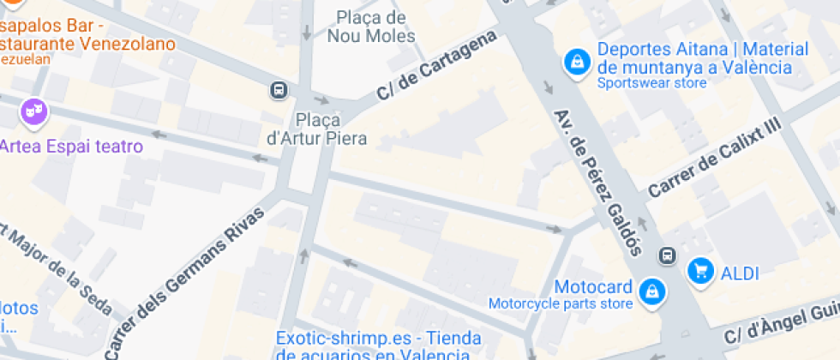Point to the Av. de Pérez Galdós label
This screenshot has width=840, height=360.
pyautogui.click(x=597, y=182)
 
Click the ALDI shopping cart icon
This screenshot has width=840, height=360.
pyautogui.click(x=701, y=272)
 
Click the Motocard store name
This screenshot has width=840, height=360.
pyautogui.click(x=593, y=286)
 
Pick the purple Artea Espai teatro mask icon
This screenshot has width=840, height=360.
pyautogui.click(x=33, y=111)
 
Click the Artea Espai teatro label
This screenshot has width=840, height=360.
pyautogui.click(x=71, y=147)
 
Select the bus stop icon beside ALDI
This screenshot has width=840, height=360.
pyautogui.click(x=667, y=256)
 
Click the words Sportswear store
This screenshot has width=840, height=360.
pyautogui.click(x=651, y=83)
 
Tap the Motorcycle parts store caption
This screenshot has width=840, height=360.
pyautogui.click(x=561, y=303)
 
